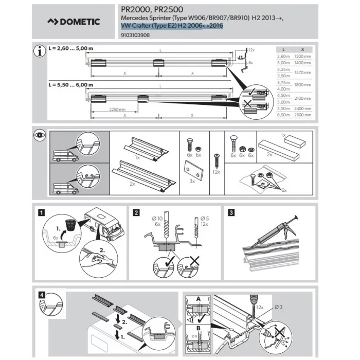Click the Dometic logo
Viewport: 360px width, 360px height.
[74, 23]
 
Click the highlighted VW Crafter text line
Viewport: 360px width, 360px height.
[172, 26]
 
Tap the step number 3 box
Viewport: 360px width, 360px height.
[231, 211]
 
